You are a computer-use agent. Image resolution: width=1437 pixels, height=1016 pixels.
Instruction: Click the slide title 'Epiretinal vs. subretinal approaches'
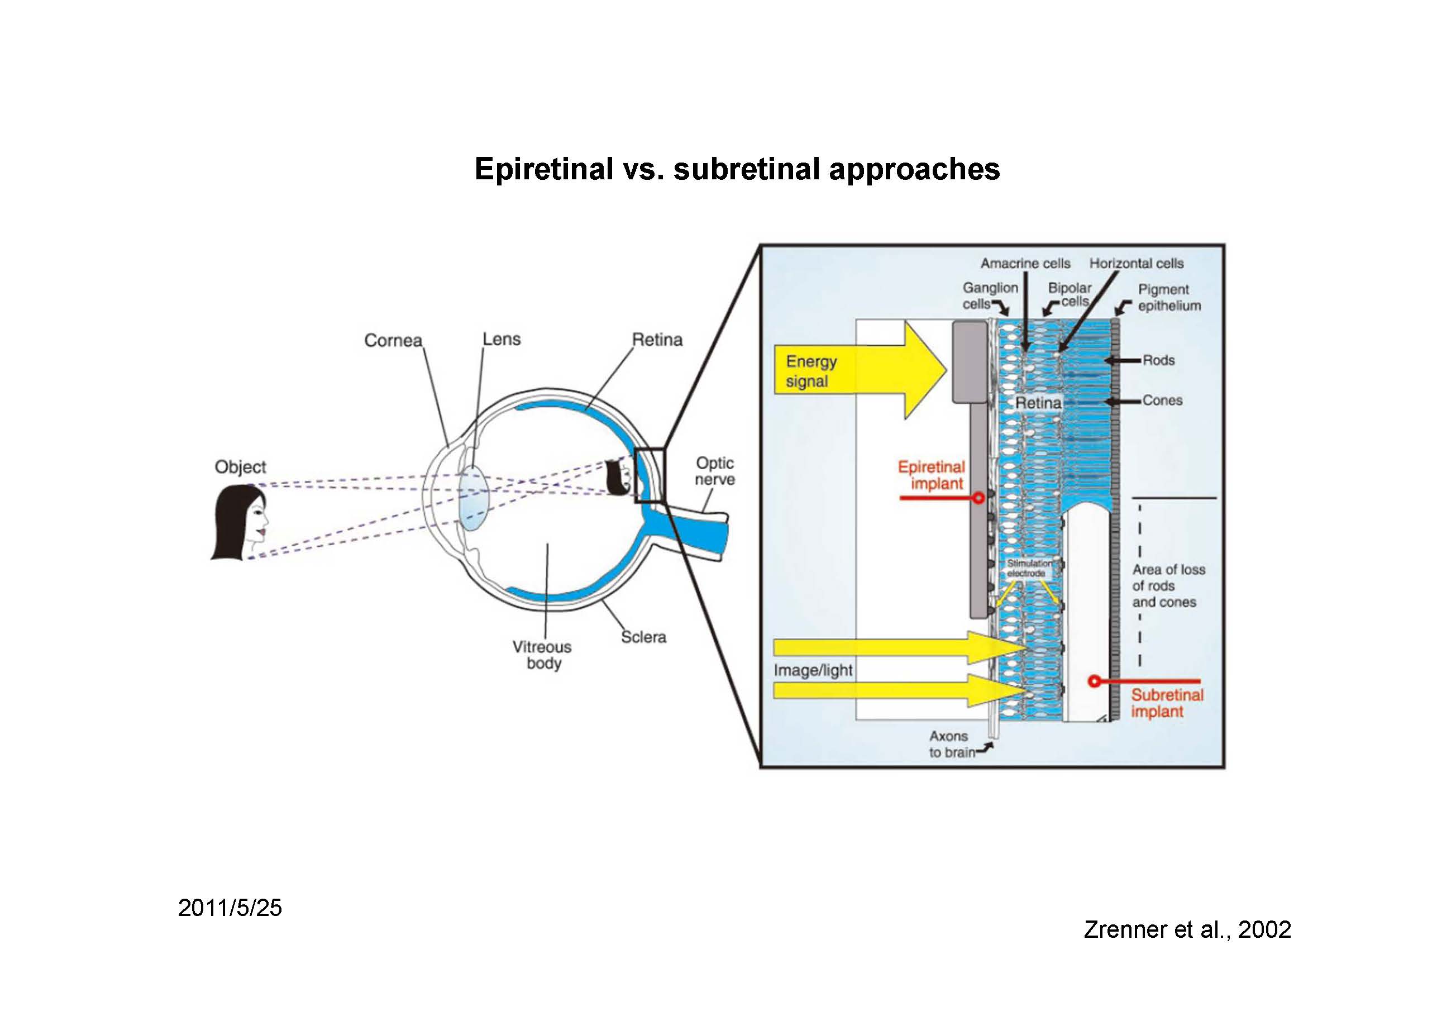(737, 169)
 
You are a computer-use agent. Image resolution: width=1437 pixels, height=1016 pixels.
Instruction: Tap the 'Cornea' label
(393, 341)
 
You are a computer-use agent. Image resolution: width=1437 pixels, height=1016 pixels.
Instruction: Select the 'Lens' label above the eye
(502, 339)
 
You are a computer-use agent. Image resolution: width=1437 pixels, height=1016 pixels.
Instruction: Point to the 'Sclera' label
(643, 637)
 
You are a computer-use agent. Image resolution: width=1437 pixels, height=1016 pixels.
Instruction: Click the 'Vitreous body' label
(542, 655)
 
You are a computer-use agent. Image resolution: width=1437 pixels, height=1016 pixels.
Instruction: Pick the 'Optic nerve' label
(715, 471)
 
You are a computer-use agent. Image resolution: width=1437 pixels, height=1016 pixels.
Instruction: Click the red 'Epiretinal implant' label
(932, 475)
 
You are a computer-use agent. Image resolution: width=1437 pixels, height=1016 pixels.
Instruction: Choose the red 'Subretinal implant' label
(1167, 703)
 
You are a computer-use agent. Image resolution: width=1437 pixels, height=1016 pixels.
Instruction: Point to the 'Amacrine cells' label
(1025, 264)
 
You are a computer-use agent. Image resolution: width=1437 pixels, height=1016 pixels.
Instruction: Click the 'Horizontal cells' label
(1136, 264)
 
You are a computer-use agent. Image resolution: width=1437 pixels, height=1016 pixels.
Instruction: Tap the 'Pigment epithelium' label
(1169, 297)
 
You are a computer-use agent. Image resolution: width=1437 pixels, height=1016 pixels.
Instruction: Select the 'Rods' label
(1158, 361)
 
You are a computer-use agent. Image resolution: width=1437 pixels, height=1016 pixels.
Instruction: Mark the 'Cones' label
(1162, 400)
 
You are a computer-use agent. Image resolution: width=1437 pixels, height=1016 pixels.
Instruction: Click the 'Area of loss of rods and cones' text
(1168, 586)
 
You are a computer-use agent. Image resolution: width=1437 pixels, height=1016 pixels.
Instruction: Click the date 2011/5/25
(230, 908)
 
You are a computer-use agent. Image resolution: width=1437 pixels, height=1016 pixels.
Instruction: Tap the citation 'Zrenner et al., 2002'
(1187, 929)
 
